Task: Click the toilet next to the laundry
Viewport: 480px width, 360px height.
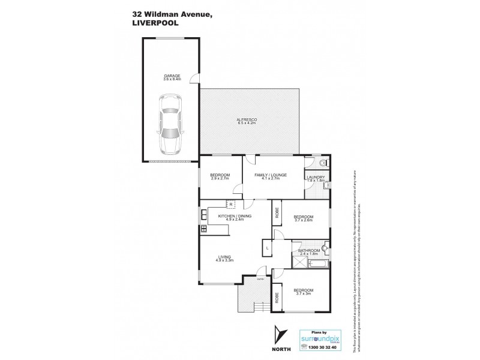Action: tap(322, 163)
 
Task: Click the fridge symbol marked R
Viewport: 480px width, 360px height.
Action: tap(230, 204)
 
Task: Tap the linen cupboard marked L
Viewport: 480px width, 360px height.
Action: tap(268, 247)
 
